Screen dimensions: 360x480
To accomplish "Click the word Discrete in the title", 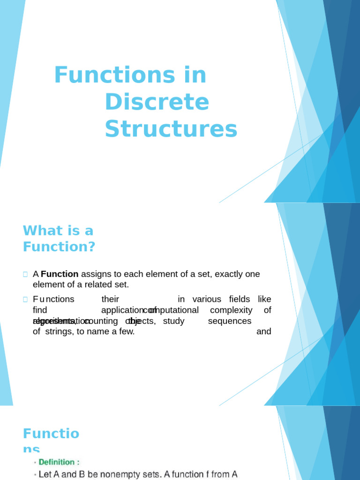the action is (157, 102).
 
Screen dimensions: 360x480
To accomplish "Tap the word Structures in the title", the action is (171, 129).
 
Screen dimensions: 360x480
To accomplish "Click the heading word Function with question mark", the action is (59, 246).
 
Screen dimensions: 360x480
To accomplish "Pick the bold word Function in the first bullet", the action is (60, 274).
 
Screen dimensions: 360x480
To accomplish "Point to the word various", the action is (207, 299).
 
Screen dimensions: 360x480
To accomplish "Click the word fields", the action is (240, 299).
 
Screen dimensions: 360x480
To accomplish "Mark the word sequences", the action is (230, 321).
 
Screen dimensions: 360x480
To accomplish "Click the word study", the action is (173, 321).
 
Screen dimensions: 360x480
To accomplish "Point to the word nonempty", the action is (135, 474).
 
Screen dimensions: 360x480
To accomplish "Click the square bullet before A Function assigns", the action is (25, 274).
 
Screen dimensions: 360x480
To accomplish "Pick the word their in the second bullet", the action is (110, 299).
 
